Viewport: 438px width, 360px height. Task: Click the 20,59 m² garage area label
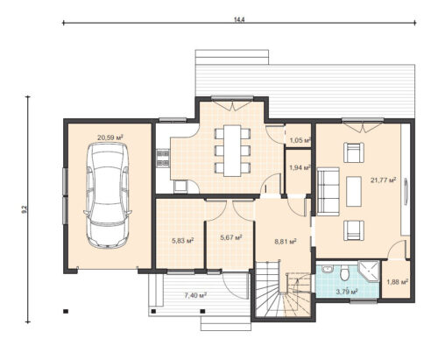click(x=109, y=138)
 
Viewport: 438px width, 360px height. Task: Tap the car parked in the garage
click(x=108, y=195)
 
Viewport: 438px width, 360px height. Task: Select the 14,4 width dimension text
click(x=239, y=19)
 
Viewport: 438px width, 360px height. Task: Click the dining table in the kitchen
click(x=232, y=151)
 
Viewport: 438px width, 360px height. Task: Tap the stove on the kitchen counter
click(x=163, y=159)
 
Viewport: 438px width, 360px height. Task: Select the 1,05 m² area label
click(x=300, y=140)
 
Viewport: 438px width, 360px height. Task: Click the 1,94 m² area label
click(x=300, y=167)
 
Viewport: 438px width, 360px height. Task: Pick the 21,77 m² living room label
click(x=383, y=180)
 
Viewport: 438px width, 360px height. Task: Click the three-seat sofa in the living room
click(x=328, y=192)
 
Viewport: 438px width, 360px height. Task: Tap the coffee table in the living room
click(x=354, y=192)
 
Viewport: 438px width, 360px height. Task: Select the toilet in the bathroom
click(x=345, y=273)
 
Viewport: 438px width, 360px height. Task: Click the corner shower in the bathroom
click(x=368, y=272)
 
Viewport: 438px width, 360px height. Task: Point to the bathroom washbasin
click(x=328, y=269)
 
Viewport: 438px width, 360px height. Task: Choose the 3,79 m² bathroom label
click(x=347, y=292)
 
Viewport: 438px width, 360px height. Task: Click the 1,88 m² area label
click(x=397, y=282)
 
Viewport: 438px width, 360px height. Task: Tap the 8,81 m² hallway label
click(x=286, y=242)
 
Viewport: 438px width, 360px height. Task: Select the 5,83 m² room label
click(x=183, y=241)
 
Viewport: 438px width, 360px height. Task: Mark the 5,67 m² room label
click(x=231, y=237)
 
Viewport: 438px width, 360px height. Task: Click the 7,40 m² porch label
click(x=195, y=295)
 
